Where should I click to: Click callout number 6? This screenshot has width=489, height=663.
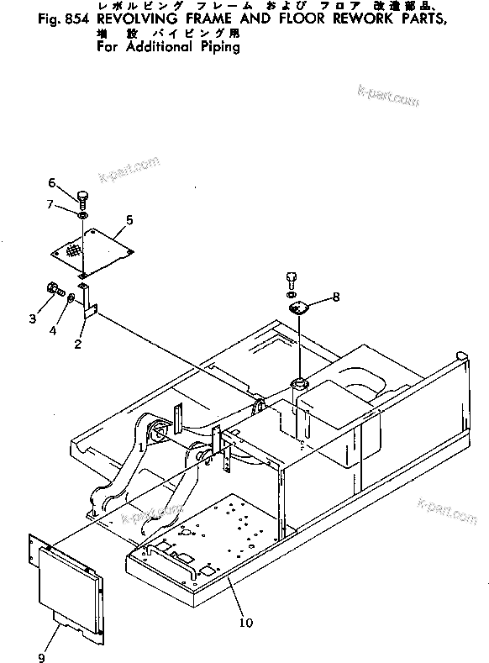click(51, 183)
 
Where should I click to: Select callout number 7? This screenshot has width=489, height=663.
click(51, 204)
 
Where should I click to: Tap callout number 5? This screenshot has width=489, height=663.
click(129, 220)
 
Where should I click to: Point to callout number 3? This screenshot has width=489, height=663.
click(33, 318)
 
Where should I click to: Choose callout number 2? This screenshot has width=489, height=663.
click(77, 344)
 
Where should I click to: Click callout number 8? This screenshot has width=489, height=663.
click(336, 296)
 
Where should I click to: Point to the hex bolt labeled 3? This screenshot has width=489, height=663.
click(53, 291)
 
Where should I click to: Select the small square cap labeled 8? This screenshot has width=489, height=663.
click(300, 310)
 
